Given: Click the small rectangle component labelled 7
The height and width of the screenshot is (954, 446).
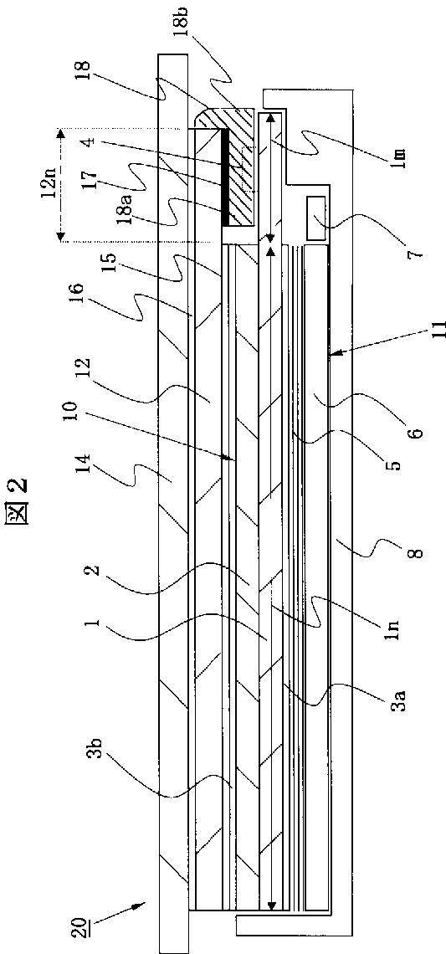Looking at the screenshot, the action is pos(316,218).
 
